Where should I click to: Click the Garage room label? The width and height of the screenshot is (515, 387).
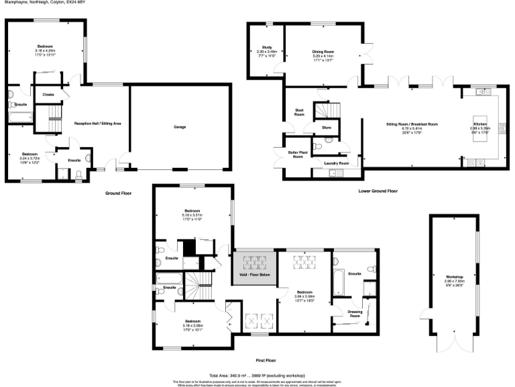(179, 126)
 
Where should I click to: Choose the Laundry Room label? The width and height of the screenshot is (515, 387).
(336, 163)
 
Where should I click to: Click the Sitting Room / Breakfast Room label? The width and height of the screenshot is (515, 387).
(412, 124)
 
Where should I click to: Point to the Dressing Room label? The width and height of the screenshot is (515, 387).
(351, 313)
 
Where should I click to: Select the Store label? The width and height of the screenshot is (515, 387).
(327, 126)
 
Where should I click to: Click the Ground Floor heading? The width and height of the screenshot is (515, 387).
(118, 193)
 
